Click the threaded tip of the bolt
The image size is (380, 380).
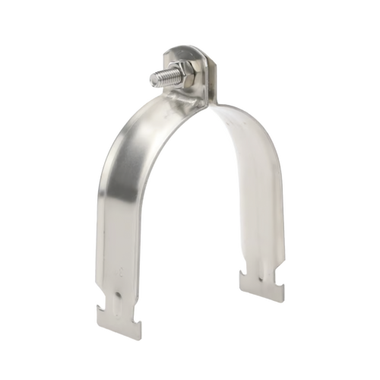coord(152,80)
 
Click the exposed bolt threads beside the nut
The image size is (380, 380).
coord(163,78)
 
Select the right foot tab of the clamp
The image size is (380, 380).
coord(263,285)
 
